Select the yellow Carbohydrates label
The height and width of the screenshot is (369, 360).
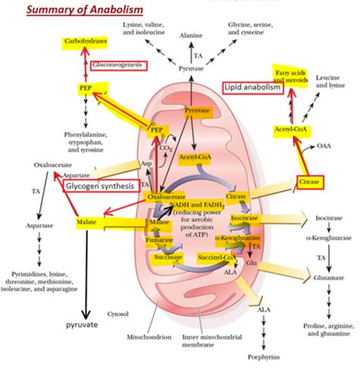coord(84,39)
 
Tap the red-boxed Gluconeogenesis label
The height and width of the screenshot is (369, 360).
coord(118,66)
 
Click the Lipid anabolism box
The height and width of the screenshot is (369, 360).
coord(252,88)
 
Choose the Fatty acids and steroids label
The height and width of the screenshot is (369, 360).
coord(292,75)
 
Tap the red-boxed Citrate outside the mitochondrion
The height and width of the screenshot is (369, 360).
coord(311,182)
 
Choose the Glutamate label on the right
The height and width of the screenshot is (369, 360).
coord(330,279)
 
